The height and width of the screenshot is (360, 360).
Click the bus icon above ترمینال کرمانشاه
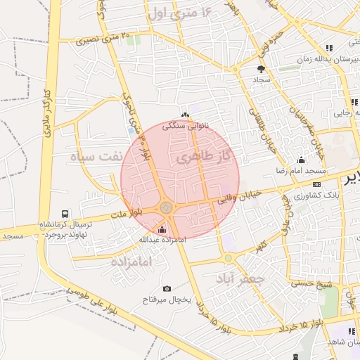(65, 214)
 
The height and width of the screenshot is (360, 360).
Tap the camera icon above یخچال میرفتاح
(167, 288)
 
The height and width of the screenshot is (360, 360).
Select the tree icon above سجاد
(261, 69)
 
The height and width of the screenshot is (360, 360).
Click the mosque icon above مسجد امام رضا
(302, 160)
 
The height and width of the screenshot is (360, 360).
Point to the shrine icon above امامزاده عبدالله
(162, 229)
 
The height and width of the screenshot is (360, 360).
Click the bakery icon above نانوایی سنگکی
(185, 115)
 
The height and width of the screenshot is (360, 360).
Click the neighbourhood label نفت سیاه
(98, 155)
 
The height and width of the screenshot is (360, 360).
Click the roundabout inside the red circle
(167, 207)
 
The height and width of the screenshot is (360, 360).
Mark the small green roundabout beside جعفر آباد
(229, 258)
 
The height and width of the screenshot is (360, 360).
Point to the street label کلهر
(259, 245)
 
